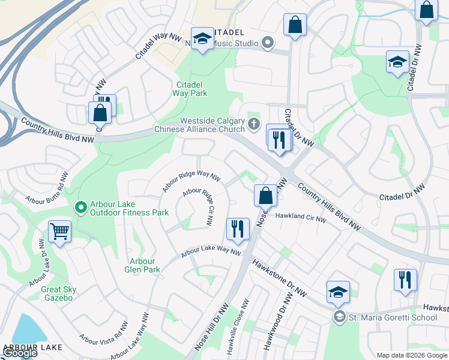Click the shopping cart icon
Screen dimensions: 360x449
point(59,230)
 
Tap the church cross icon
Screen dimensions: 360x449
point(254,124)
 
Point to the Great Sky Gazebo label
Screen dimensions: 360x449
point(57,293)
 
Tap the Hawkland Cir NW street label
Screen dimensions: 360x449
point(300,218)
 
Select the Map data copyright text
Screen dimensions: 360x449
point(411,355)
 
